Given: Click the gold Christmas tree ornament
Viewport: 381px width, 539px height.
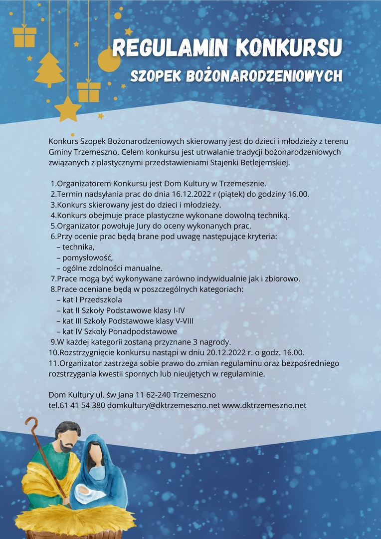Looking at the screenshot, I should point(49,69).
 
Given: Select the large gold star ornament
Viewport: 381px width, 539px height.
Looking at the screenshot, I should point(68,108).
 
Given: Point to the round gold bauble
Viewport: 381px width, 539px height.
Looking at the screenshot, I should point(109,60).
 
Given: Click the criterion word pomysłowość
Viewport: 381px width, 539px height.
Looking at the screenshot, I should point(84,258).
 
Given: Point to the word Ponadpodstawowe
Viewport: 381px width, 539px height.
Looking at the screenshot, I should point(142,331).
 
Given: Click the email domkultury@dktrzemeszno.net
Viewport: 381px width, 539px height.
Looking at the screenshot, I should point(163,405).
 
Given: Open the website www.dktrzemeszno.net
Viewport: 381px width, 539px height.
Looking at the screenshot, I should point(264,405).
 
